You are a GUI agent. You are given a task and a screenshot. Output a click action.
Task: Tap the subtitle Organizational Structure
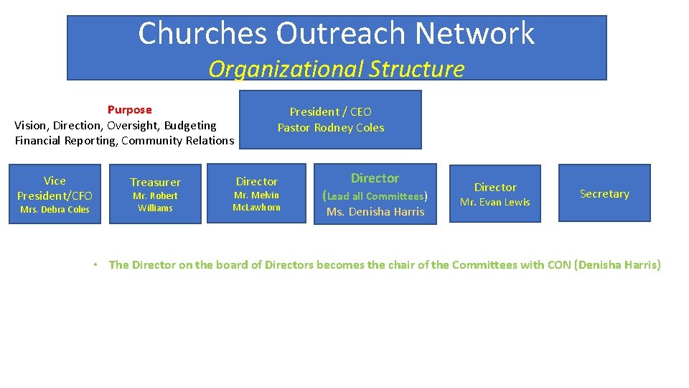coord(336,69)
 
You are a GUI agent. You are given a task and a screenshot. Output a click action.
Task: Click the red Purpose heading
coord(129,110)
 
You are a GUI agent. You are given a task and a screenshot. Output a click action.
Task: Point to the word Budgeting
coord(190,125)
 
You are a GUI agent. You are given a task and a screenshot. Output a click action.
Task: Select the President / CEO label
coord(330,111)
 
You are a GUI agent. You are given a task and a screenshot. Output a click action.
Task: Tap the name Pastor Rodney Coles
coord(331,128)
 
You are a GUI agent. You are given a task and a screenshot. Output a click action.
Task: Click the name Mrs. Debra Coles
coord(55,210)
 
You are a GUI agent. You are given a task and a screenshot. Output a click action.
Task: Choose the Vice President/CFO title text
coord(55,188)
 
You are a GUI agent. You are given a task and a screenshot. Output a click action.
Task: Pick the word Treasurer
coord(155,183)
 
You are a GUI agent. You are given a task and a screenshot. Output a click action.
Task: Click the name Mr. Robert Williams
coord(155,202)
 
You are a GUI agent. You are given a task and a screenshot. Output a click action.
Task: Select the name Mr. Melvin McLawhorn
coord(256,201)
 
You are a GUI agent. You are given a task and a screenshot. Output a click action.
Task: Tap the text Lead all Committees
coord(375,196)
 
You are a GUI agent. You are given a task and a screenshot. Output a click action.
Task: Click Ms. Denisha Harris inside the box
coord(375,212)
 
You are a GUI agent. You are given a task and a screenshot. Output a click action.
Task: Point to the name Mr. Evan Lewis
coord(495,203)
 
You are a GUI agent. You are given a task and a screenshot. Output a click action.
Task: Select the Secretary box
coord(604,194)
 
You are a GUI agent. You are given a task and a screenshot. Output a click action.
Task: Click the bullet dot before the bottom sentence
coord(95,265)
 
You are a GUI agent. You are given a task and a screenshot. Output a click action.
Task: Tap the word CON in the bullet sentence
coord(558,265)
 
